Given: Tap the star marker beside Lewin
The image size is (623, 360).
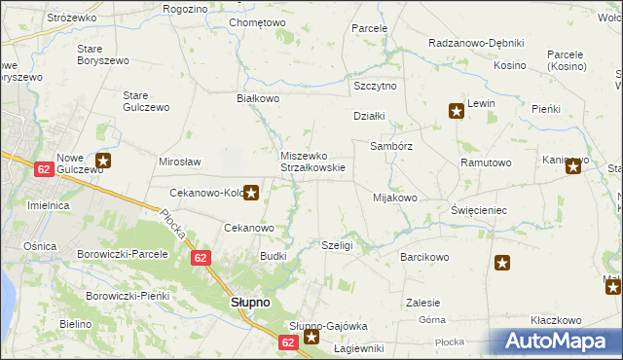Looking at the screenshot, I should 456,111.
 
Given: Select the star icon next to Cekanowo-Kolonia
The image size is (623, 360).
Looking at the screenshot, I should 251,193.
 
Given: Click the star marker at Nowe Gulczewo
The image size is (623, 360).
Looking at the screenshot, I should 103,162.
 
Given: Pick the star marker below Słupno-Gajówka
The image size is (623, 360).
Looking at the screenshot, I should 311,338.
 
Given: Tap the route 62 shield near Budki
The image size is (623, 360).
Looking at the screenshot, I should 201,258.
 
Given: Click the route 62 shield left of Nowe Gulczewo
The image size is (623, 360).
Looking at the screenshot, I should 43,169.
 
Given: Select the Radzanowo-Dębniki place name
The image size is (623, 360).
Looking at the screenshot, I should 476,43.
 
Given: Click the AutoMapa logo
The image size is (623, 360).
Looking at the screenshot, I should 561,340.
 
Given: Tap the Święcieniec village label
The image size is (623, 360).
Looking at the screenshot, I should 479,210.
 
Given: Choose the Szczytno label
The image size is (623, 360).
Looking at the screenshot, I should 375,86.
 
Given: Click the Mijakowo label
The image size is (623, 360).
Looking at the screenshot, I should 395,198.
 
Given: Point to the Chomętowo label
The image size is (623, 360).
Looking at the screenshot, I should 256,22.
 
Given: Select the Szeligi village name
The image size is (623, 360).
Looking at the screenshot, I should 336,246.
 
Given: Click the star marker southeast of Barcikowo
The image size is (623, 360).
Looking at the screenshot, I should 502,262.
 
